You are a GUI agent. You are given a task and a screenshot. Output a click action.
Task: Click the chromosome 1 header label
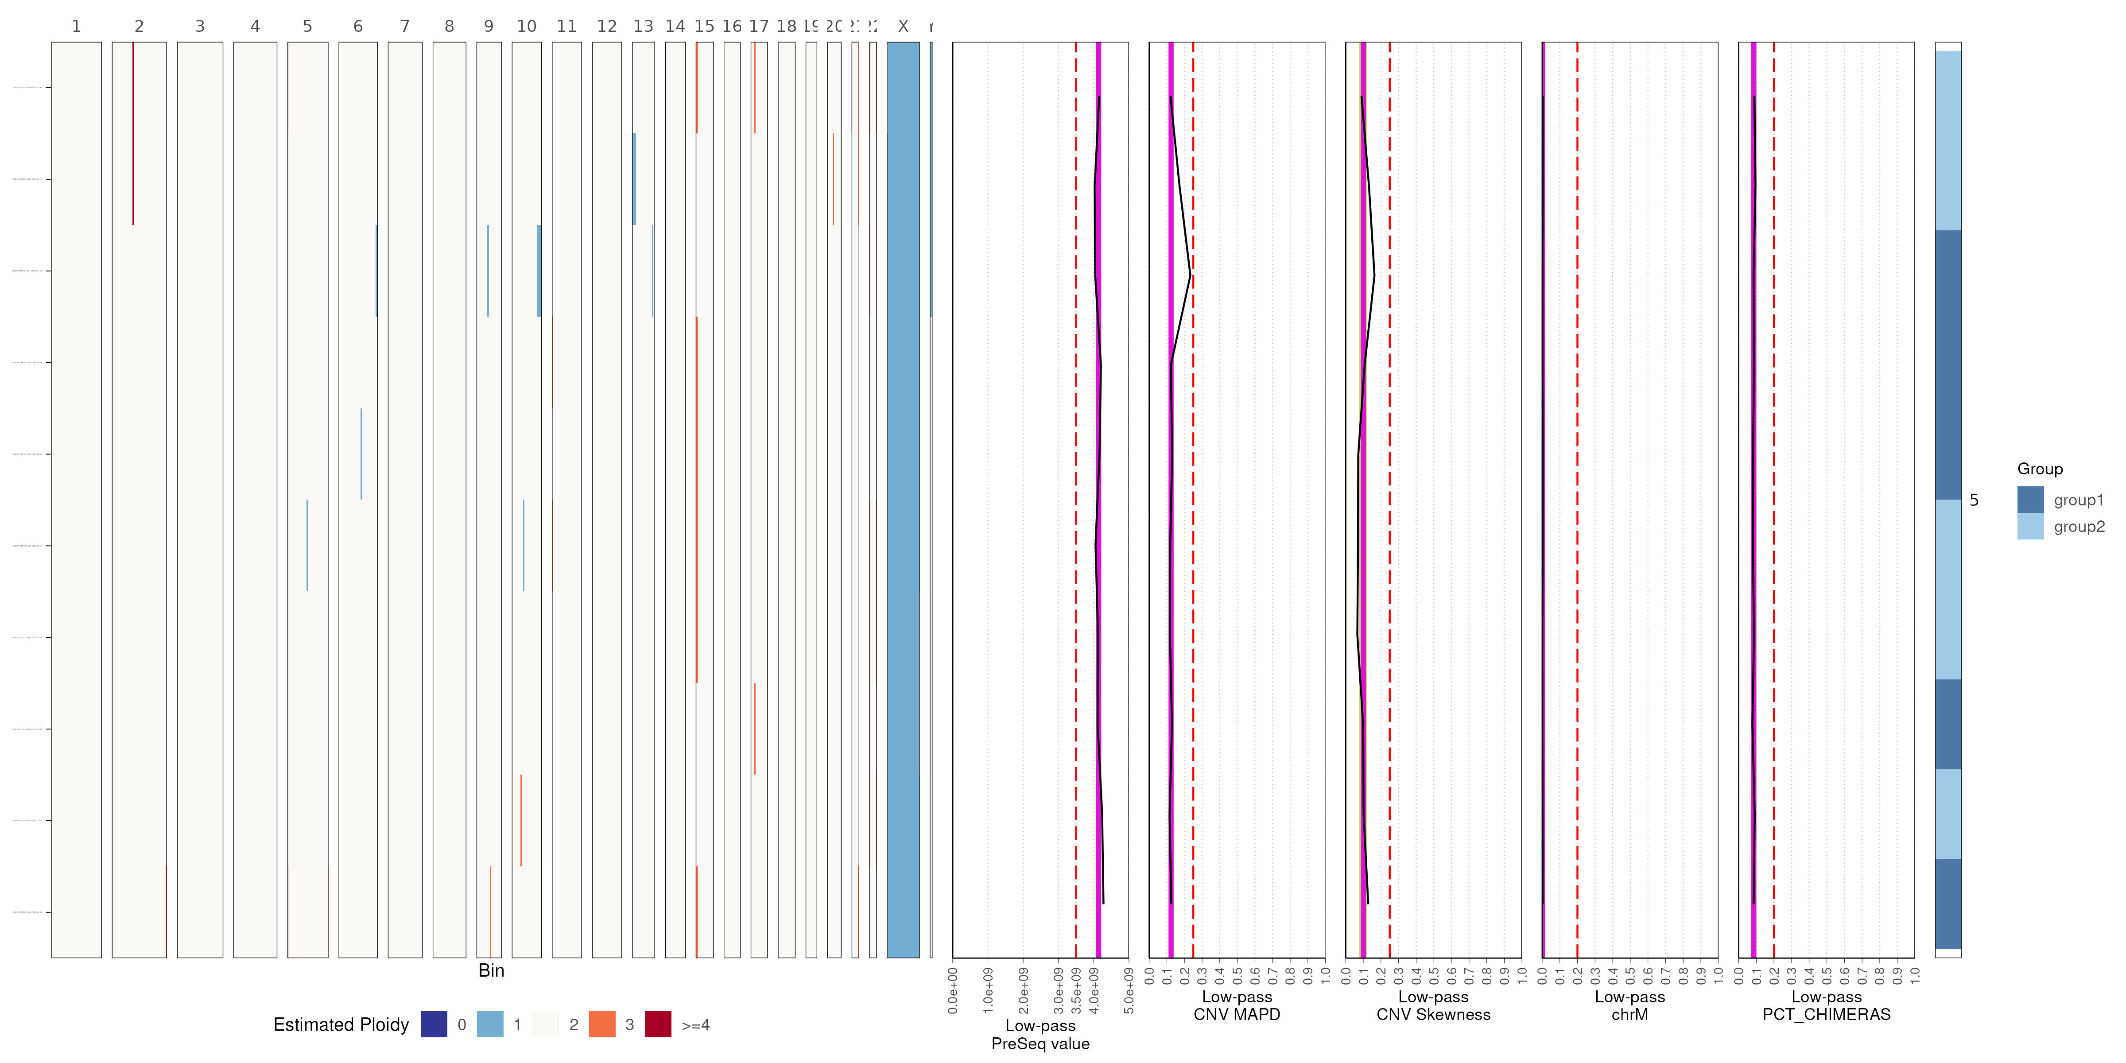coord(76,27)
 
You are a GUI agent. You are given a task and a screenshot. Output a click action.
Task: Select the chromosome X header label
coord(903,27)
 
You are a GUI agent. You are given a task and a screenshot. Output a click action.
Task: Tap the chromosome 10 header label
coord(527,27)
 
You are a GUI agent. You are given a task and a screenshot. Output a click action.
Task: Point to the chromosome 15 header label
coord(704,27)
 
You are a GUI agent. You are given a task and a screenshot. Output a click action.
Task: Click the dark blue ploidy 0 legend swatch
coord(433,1024)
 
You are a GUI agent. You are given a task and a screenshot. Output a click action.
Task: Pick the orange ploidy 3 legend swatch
coord(601,1024)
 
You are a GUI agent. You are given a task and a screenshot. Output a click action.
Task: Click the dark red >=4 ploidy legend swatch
coord(658,1024)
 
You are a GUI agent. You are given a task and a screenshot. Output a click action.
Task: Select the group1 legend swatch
coord(2030,499)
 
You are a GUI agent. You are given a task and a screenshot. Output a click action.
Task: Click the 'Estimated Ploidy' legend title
coord(341,1024)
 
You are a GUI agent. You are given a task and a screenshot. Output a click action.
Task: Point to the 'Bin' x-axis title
coord(491,970)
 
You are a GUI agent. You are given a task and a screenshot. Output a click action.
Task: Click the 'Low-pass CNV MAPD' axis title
coord(1236,1006)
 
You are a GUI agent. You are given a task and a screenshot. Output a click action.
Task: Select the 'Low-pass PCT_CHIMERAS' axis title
coord(1826,1006)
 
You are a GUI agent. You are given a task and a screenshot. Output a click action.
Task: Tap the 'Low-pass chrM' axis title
coord(1629,1006)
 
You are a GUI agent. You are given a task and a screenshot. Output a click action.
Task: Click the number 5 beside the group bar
coord(1973,500)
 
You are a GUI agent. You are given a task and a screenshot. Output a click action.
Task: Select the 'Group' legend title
coord(2039,469)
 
